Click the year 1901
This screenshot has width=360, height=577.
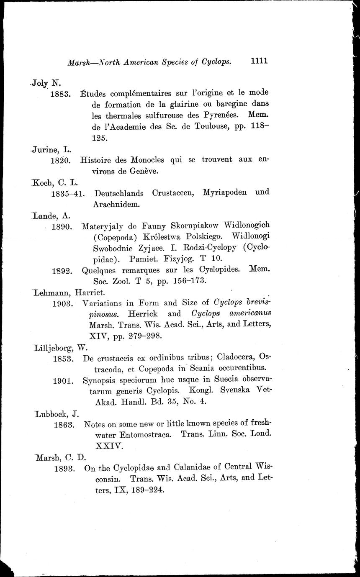click(64, 381)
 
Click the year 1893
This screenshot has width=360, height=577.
click(64, 469)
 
